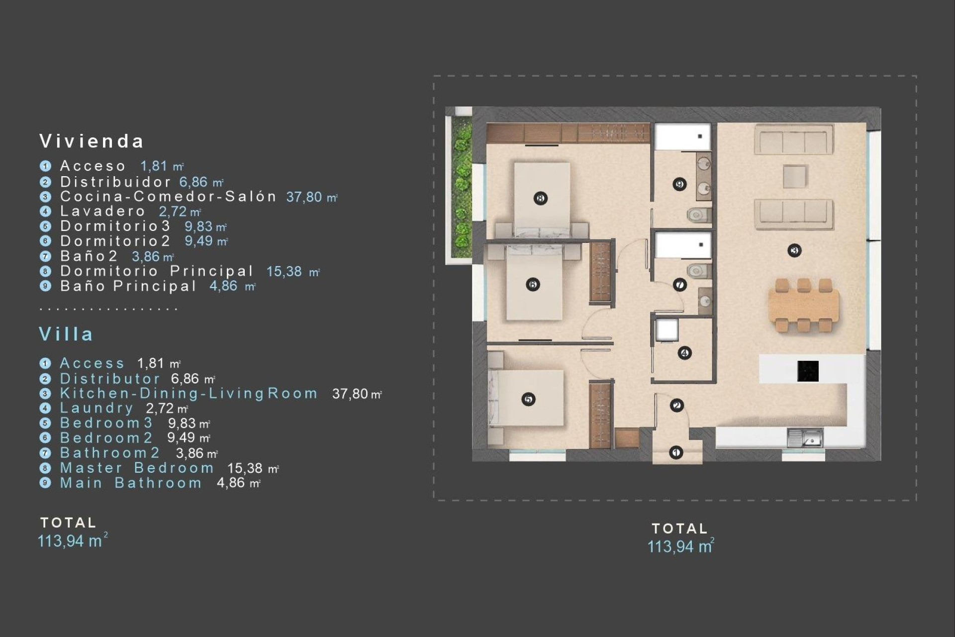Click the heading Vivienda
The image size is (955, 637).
point(92,141)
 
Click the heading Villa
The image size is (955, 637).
point(66,334)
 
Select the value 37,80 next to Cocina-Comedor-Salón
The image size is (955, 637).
point(304,197)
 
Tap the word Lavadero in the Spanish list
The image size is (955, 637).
point(103,211)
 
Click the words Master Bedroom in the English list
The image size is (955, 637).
point(137,468)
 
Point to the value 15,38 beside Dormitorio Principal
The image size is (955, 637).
point(284,272)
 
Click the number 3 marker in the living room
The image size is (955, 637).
point(794,250)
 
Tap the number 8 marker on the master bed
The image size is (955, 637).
point(541,198)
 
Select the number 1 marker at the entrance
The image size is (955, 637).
point(676,452)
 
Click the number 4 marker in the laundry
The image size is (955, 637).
point(684,353)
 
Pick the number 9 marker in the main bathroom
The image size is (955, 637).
point(679,184)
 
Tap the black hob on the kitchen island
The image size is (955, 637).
point(808,371)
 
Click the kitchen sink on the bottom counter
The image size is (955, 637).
point(805,438)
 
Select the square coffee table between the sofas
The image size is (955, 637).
point(794,177)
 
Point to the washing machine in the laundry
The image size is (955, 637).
point(666,329)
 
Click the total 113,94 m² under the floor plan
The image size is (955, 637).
point(680,546)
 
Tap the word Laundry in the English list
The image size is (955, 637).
point(97,408)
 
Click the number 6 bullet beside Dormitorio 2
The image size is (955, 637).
point(45,241)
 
